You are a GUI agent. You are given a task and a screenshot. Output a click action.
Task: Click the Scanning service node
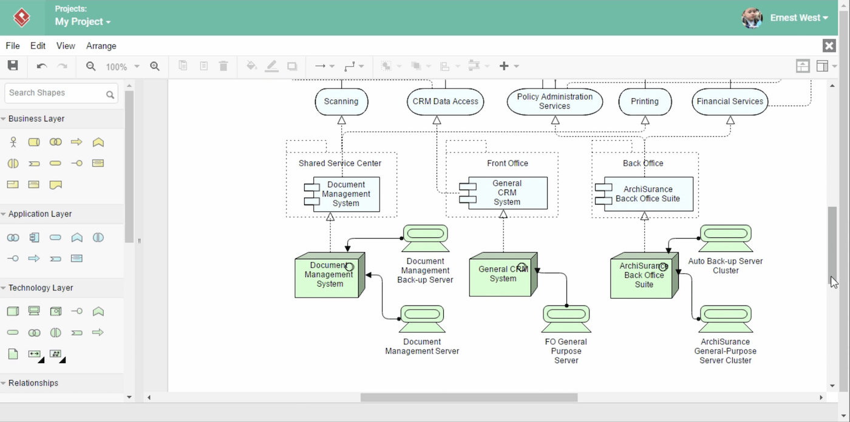(x=341, y=101)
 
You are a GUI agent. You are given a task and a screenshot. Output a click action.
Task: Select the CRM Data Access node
(x=445, y=101)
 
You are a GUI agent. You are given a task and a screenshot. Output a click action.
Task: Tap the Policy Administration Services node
(x=554, y=101)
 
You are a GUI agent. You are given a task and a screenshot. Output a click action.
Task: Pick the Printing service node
(x=645, y=101)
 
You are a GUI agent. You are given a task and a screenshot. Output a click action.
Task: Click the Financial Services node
(x=730, y=101)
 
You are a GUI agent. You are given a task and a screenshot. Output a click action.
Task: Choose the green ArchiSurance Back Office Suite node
(x=644, y=276)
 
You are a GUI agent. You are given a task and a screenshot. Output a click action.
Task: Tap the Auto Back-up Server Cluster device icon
(x=726, y=238)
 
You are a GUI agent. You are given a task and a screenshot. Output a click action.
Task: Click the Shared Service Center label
(x=340, y=163)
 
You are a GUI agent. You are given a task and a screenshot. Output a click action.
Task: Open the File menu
(x=13, y=46)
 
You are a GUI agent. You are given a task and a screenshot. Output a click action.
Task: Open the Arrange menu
(x=101, y=46)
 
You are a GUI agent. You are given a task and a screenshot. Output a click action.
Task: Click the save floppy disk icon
(x=13, y=66)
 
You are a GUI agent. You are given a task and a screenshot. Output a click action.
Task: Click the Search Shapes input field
(x=55, y=93)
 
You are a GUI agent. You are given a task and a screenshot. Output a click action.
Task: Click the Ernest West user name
(x=795, y=18)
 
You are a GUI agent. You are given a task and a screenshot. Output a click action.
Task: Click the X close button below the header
(x=829, y=46)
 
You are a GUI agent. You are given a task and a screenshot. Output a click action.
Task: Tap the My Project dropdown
(x=83, y=22)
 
